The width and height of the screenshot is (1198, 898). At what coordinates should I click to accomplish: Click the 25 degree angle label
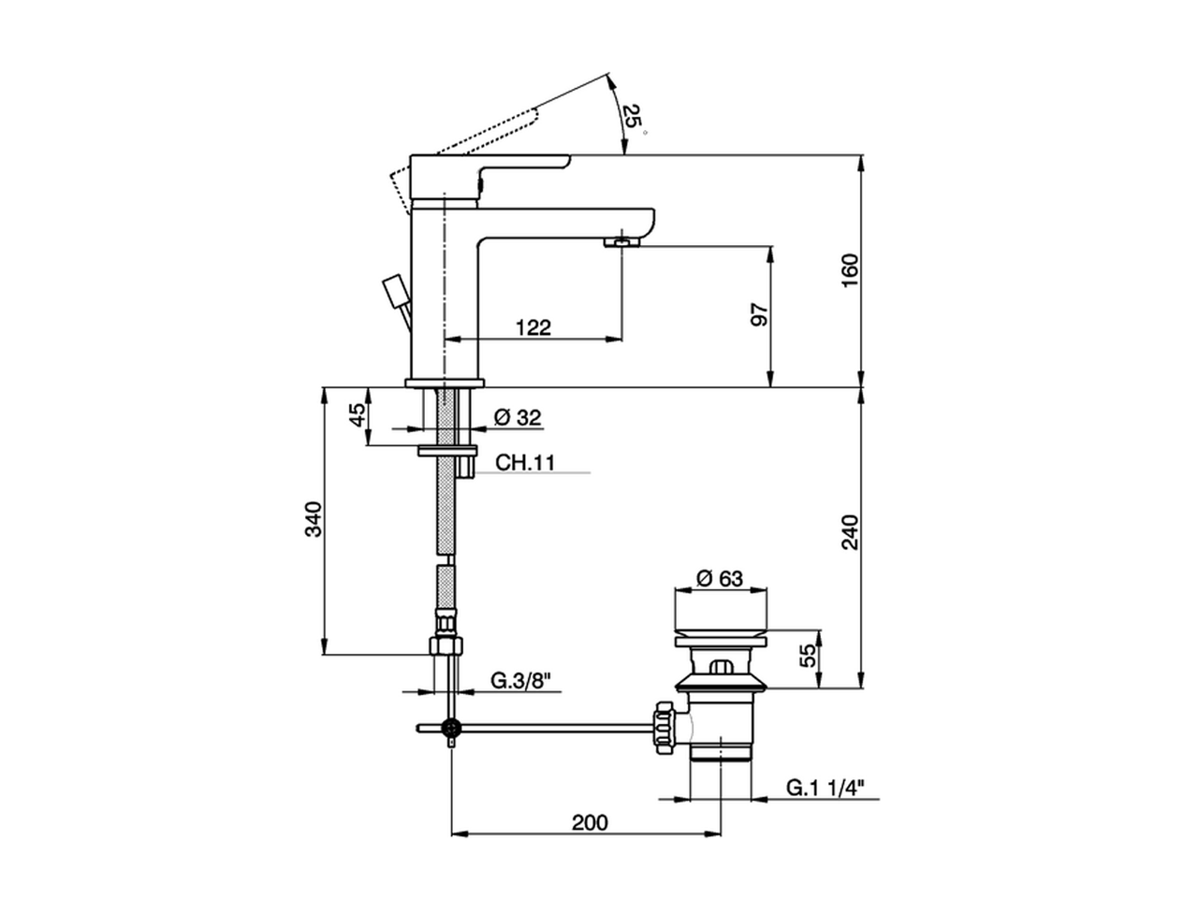point(633,117)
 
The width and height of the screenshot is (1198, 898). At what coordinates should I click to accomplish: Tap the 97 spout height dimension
point(760,315)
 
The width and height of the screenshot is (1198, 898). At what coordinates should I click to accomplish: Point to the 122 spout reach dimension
point(533,327)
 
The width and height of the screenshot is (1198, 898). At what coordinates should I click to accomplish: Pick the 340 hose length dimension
point(314,519)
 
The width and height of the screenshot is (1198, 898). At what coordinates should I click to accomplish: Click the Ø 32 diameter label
point(517,417)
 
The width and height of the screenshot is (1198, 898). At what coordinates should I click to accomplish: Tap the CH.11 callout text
point(524,463)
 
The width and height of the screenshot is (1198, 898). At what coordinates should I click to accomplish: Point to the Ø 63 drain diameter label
point(720,578)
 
